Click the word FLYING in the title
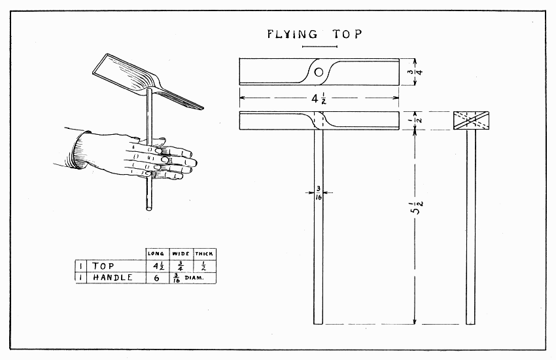(x=292, y=34)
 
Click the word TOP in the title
(x=347, y=34)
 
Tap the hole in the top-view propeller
(x=319, y=71)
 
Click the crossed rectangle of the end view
(x=471, y=121)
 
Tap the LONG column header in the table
(x=156, y=253)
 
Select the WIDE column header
(x=180, y=253)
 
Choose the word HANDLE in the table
(x=113, y=278)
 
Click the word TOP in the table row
(x=103, y=266)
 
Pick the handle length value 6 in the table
(x=156, y=278)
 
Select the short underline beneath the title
(x=315, y=47)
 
